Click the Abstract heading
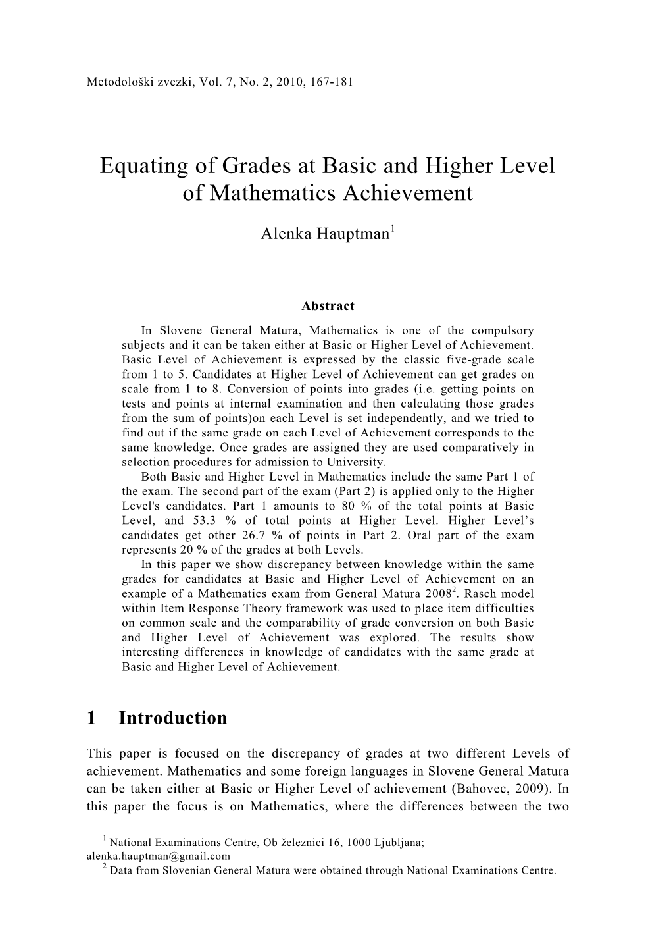pos(328,306)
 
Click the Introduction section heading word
pos(173,718)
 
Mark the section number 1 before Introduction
pos(91,718)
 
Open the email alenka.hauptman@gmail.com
pos(159,856)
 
